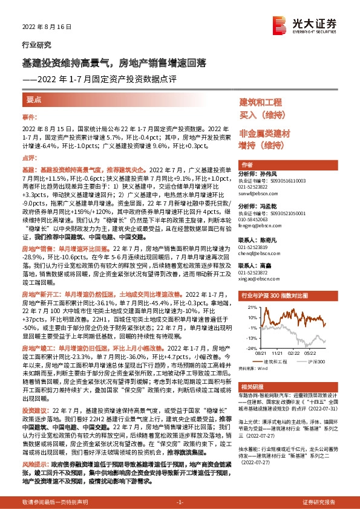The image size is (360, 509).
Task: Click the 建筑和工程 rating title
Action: click(x=261, y=102)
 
